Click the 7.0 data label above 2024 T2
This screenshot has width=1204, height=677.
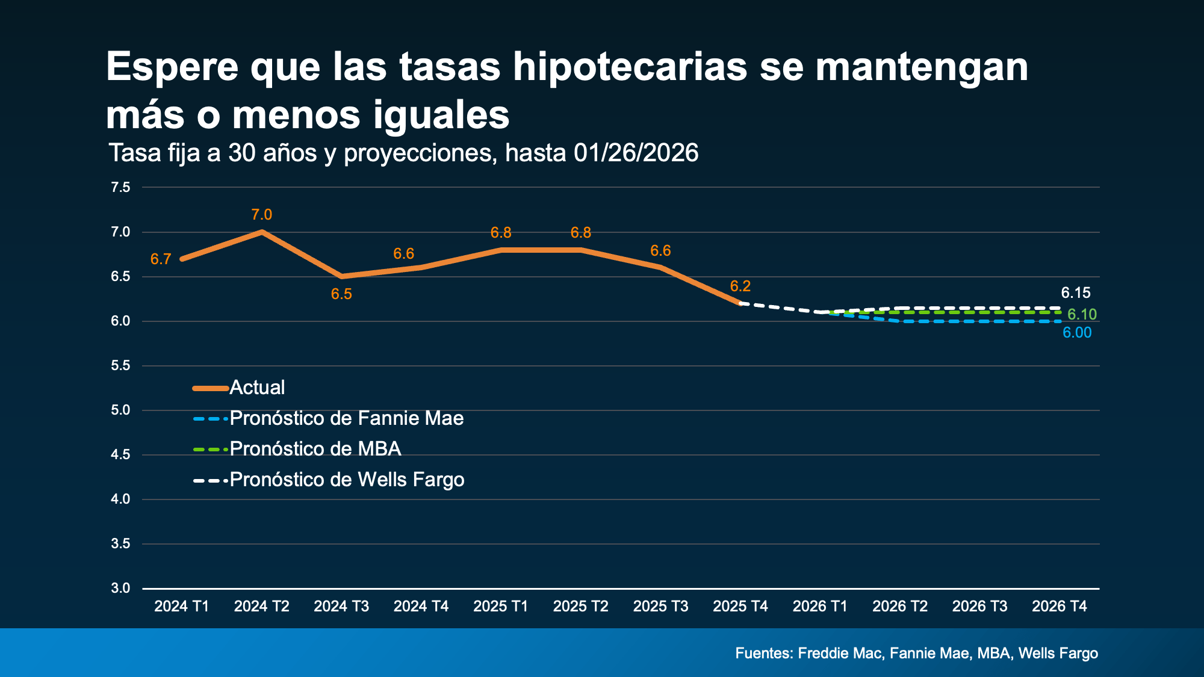261,215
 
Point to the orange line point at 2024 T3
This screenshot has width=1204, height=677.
341,276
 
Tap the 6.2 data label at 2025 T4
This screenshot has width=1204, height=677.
740,286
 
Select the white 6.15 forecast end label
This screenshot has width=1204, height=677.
1075,293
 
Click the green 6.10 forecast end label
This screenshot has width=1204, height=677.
1082,314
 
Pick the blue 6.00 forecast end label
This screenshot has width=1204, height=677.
1076,333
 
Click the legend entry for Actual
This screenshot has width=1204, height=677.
257,388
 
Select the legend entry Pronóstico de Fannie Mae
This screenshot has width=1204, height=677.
346,418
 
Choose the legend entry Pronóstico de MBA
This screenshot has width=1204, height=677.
315,449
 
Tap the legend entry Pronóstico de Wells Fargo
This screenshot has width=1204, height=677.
347,480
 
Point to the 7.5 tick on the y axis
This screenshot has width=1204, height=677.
120,187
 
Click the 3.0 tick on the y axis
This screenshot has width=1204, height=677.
120,588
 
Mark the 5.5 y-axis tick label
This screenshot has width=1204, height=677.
120,365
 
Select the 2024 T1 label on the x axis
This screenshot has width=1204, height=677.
181,606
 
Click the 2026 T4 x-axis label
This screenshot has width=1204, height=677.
1059,606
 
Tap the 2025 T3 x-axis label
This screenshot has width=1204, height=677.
660,606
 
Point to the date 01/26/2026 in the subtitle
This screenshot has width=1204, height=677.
636,153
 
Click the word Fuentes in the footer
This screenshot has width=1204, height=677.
763,653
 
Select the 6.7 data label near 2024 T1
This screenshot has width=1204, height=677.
161,259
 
